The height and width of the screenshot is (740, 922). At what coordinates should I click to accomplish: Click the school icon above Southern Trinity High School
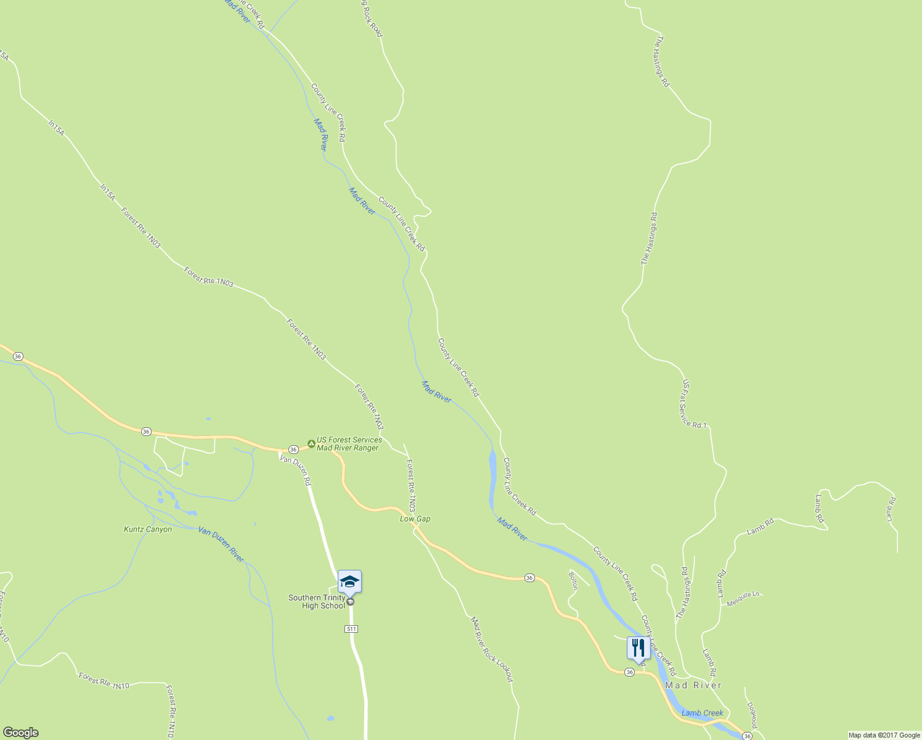coord(349,582)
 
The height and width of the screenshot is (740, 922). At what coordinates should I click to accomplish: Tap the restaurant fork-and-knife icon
coord(638,648)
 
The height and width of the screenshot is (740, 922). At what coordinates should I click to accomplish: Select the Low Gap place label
coord(415,519)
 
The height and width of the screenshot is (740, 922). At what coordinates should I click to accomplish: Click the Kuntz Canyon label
coord(148,529)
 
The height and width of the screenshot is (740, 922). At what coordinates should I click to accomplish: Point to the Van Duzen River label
coord(221,545)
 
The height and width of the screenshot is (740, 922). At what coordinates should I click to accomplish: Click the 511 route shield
coord(351,629)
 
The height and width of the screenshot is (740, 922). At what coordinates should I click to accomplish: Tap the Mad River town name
coord(693,685)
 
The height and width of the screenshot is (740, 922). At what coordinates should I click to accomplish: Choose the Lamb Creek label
coord(702,713)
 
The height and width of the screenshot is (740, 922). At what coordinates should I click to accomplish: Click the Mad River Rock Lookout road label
coord(492,649)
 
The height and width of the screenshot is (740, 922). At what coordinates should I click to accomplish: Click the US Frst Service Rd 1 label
coord(694,405)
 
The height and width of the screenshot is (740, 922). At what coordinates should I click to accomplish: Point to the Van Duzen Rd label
coord(295,470)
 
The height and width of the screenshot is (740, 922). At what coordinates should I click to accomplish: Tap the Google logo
coord(20,733)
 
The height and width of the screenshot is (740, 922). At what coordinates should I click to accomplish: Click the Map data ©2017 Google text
coord(883,735)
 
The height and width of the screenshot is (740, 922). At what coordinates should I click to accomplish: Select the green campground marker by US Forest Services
coord(311,444)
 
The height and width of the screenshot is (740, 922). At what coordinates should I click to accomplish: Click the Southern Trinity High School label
coord(317,602)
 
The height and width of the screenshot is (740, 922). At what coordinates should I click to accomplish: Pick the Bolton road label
coord(573,580)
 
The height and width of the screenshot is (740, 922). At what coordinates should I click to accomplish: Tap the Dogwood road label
coord(751,715)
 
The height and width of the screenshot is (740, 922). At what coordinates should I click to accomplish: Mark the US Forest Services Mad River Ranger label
coord(349,444)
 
